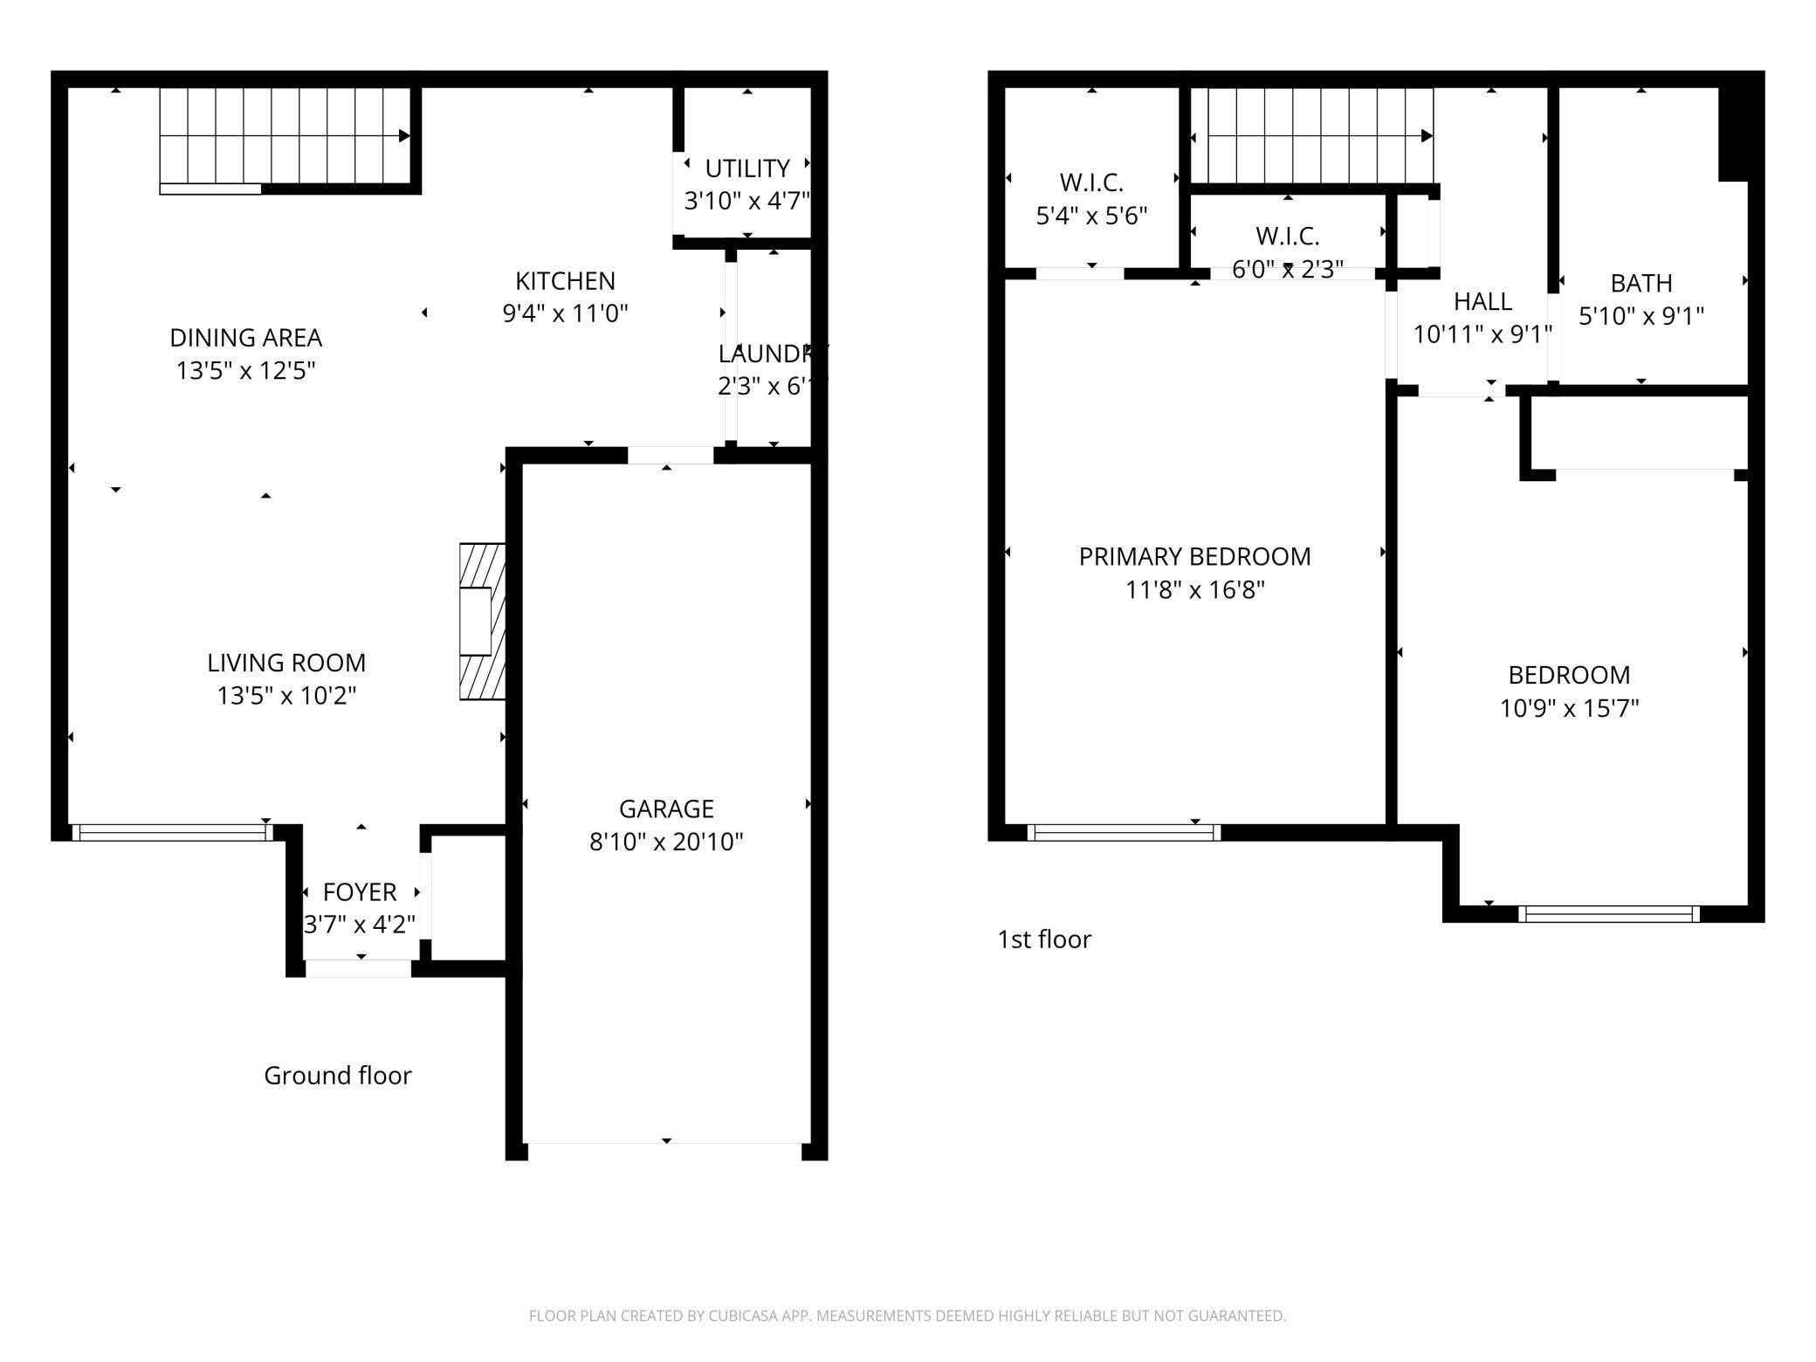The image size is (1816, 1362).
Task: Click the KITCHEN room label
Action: pos(565,281)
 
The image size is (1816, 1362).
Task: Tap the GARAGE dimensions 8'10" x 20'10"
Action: pos(666,842)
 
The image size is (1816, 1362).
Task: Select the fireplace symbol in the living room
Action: pos(483,622)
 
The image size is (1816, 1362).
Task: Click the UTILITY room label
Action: pos(747,168)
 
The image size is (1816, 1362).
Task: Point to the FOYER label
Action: pos(360,892)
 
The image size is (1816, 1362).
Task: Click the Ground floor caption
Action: pos(338,1076)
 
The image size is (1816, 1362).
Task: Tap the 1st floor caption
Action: pos(1044,939)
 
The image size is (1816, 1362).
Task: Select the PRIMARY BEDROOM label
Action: pos(1194,557)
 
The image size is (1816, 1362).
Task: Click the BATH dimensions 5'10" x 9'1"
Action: pos(1641,316)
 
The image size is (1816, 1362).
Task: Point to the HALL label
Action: pos(1482,302)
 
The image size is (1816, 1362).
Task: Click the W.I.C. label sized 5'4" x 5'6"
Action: pos(1091,182)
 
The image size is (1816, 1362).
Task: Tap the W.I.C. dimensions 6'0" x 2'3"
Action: pos(1288,270)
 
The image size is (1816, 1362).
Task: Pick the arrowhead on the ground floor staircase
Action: pos(405,136)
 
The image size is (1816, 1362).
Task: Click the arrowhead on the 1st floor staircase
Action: pos(1427,136)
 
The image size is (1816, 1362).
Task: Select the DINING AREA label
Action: pos(245,338)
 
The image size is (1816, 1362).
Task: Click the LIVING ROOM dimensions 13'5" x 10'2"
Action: pos(286,696)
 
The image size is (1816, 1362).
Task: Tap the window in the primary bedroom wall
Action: pos(1124,833)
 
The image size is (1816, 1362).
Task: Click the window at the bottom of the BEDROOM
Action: pos(1609,914)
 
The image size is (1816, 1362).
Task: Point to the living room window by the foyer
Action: pos(172,833)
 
